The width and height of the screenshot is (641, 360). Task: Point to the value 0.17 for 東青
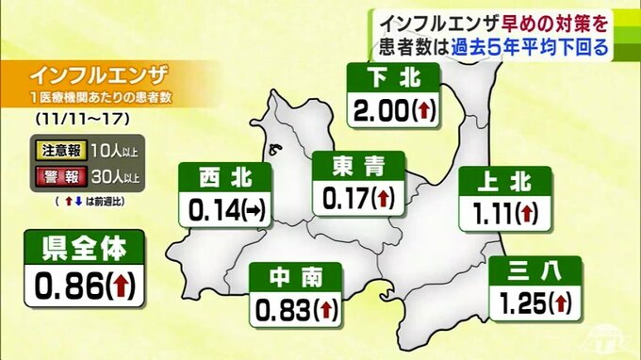(344, 198)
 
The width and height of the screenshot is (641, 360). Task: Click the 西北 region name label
(225, 177)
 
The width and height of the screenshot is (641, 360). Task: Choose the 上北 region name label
(500, 183)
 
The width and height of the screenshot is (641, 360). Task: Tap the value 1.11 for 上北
(486, 215)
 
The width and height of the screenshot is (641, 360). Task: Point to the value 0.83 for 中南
(278, 309)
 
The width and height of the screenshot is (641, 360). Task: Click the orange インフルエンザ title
(97, 74)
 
